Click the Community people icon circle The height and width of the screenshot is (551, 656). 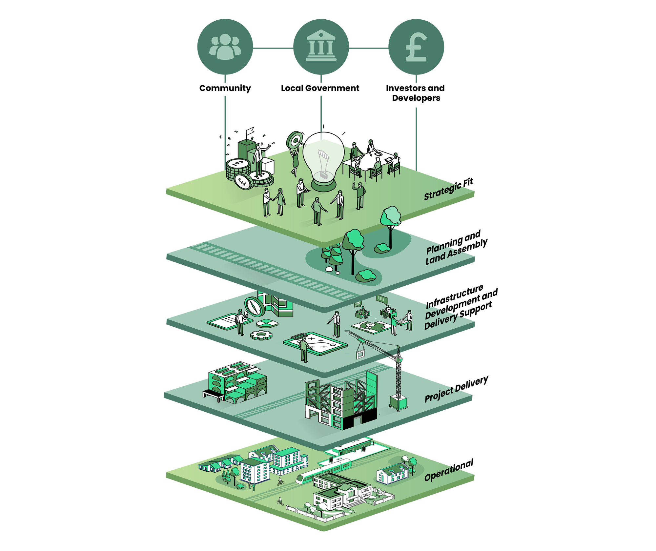point(225,47)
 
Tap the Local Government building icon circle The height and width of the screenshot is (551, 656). point(321,47)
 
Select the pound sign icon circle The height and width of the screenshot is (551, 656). point(416,47)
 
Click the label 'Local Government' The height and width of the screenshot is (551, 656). point(320,88)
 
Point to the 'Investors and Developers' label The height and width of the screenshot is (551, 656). point(416,93)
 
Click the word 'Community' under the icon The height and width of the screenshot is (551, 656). point(225,89)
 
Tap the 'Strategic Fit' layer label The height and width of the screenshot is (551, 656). point(448,189)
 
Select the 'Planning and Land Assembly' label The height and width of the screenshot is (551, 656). point(457,247)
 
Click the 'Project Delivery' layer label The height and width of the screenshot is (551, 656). point(456,389)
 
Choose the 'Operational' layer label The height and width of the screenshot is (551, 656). point(449,470)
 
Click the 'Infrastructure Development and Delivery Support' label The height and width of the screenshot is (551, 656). point(461,307)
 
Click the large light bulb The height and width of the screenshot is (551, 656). point(323,161)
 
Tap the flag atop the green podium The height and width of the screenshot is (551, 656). point(250,131)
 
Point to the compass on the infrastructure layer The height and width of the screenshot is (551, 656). point(255,307)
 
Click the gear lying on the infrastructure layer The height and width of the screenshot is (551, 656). point(261,335)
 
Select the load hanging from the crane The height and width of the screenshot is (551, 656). point(360,354)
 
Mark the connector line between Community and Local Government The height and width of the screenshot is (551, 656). point(273,48)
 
